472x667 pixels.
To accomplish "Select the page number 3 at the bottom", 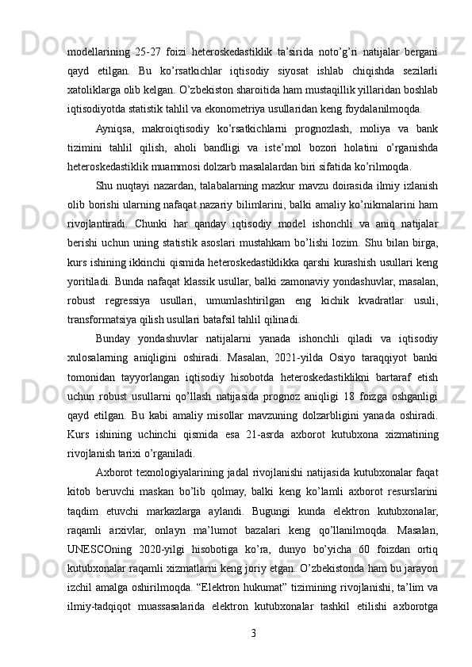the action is click(251, 634).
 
